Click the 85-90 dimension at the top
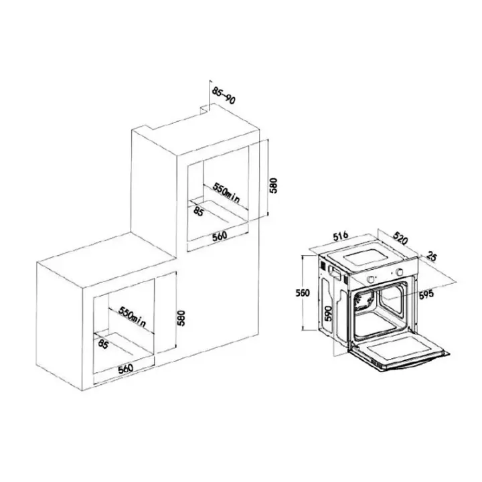pos(224,95)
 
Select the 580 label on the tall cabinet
pos(273,185)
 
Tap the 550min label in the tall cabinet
pos(226,193)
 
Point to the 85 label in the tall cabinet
pos(198,211)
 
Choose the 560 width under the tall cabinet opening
pos(219,236)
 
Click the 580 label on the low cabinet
pos(181,318)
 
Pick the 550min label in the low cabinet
pos(132,317)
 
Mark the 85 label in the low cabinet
pos(103,343)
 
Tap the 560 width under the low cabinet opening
pos(125,369)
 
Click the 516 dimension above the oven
pos(340,236)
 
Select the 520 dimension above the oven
pos(400,238)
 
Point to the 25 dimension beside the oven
pos(431,256)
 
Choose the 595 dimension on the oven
pos(426,294)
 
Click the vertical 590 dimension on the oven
pos(328,313)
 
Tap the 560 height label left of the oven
pos(303,293)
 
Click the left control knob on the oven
pos(371,279)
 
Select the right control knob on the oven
pos(400,272)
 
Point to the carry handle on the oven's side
pos(335,273)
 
